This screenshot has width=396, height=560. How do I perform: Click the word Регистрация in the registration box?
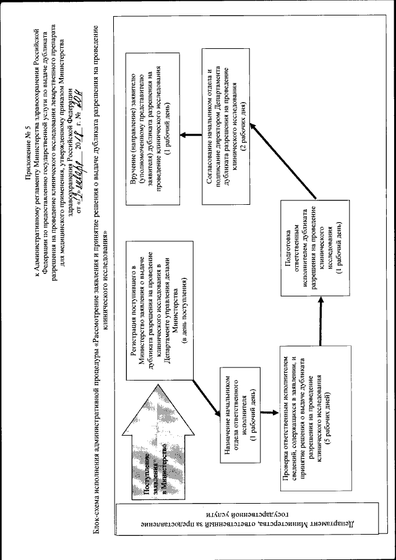pos(134,352)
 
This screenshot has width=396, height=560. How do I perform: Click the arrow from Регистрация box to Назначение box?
pos(204,396)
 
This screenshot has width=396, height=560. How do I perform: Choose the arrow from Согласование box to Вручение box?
pos(191,133)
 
